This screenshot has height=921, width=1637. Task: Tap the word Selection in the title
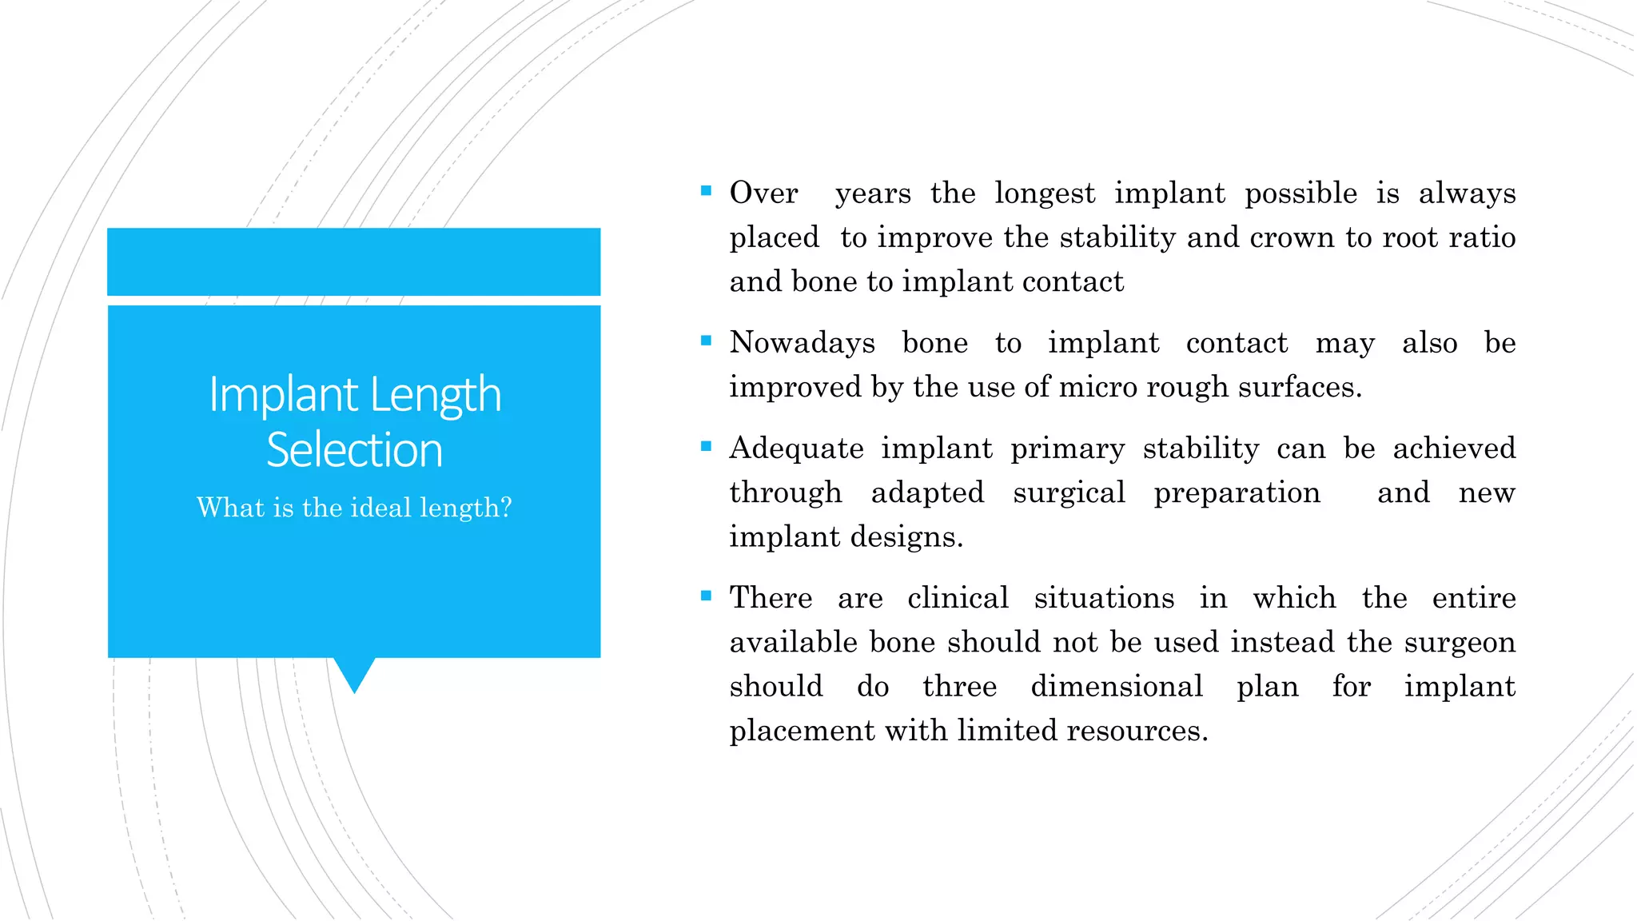click(x=354, y=450)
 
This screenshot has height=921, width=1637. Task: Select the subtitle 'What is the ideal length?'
click(x=354, y=508)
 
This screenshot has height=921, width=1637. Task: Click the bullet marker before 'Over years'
click(x=706, y=191)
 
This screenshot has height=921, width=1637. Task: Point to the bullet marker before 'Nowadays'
click(x=706, y=341)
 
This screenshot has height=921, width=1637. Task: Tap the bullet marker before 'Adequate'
click(x=706, y=446)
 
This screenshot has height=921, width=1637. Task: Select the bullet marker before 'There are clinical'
click(x=706, y=596)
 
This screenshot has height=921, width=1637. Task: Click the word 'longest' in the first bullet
click(x=1045, y=193)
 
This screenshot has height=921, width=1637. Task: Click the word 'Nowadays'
click(x=802, y=343)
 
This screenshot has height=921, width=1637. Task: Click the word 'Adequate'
click(x=796, y=449)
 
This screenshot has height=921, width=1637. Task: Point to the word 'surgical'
click(x=1069, y=492)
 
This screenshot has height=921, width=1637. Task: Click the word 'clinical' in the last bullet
click(x=958, y=598)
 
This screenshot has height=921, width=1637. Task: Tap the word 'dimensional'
click(x=1116, y=686)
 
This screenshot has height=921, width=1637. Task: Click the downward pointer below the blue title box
click(x=354, y=674)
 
